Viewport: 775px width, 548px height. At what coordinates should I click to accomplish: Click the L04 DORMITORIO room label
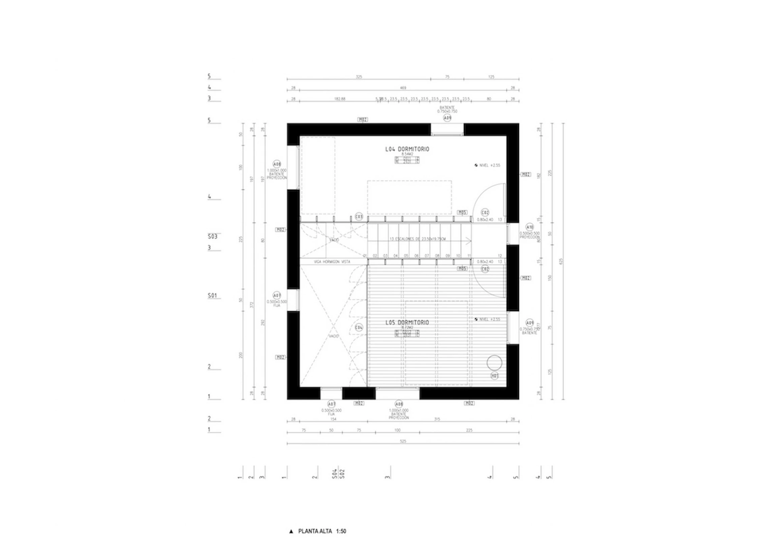pos(407,149)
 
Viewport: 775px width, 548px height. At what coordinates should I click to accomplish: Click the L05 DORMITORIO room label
pos(407,323)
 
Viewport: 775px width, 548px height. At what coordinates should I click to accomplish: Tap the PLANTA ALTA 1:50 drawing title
pos(322,531)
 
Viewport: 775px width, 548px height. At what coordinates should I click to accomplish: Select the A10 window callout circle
pos(530,227)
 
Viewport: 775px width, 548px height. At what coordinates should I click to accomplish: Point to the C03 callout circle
pos(359,216)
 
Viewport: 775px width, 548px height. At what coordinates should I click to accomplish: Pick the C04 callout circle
pos(359,328)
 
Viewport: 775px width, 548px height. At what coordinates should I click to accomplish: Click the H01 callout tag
pos(495,375)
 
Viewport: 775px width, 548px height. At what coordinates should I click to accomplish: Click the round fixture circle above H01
pos(495,363)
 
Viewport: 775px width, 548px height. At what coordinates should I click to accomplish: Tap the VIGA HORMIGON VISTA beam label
pos(332,262)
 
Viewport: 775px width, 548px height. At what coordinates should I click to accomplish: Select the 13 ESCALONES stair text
pos(417,239)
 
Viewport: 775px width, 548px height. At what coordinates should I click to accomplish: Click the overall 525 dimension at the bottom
pos(403,441)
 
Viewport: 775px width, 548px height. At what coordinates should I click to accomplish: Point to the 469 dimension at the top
pos(403,88)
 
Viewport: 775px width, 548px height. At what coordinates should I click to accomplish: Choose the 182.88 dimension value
pos(340,99)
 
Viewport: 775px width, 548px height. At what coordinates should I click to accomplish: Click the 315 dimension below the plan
pos(437,419)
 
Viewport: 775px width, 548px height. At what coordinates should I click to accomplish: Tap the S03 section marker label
pos(212,237)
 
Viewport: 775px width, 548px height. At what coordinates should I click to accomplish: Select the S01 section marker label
pos(212,296)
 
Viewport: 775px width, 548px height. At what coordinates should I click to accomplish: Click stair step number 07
pos(427,256)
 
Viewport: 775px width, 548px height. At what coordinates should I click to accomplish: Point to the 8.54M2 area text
pos(407,154)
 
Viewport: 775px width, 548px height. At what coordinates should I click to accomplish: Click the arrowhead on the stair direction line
pos(469,240)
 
